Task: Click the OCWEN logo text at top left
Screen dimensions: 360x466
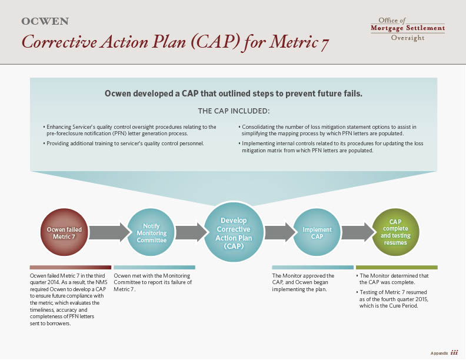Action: point(45,22)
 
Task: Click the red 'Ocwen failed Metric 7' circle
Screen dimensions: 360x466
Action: point(64,232)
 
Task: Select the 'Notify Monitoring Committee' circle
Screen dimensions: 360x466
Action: point(151,232)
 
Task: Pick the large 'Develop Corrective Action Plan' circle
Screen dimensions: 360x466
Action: point(234,233)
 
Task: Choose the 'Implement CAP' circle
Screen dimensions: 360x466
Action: point(317,233)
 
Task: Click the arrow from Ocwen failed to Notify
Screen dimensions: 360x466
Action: point(109,232)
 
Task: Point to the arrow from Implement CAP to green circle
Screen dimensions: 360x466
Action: point(357,232)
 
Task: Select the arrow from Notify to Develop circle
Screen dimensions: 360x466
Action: point(189,232)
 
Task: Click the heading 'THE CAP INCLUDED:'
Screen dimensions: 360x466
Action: point(234,111)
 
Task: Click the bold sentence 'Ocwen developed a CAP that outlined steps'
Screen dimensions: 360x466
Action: point(233,93)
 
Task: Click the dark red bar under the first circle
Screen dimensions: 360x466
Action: point(70,267)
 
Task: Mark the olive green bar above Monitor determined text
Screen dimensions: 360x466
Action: point(397,267)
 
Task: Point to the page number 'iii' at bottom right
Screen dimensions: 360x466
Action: point(454,352)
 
